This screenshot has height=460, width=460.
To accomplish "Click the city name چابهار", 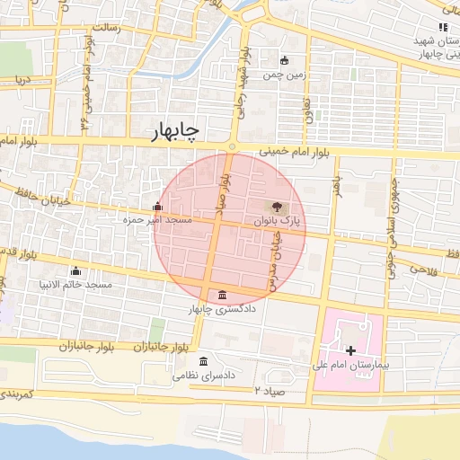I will point(175,132).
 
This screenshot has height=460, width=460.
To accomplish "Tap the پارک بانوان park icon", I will point(275,207).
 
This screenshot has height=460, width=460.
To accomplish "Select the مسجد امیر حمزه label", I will point(158,219).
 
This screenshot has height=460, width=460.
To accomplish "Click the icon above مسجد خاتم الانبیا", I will point(75,271).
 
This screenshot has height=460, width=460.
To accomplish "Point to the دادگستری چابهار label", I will point(217,309).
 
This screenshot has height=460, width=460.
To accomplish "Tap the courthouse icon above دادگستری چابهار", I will point(222,296).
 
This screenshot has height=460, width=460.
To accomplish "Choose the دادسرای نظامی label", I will point(204,376).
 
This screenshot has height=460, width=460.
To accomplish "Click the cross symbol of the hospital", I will point(350,349).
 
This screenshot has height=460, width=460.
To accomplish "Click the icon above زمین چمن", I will point(285,61).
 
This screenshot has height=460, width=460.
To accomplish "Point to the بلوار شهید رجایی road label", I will point(241,90).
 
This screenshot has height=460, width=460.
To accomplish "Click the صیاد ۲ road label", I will point(269,391).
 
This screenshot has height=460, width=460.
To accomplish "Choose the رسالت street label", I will point(119,28).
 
